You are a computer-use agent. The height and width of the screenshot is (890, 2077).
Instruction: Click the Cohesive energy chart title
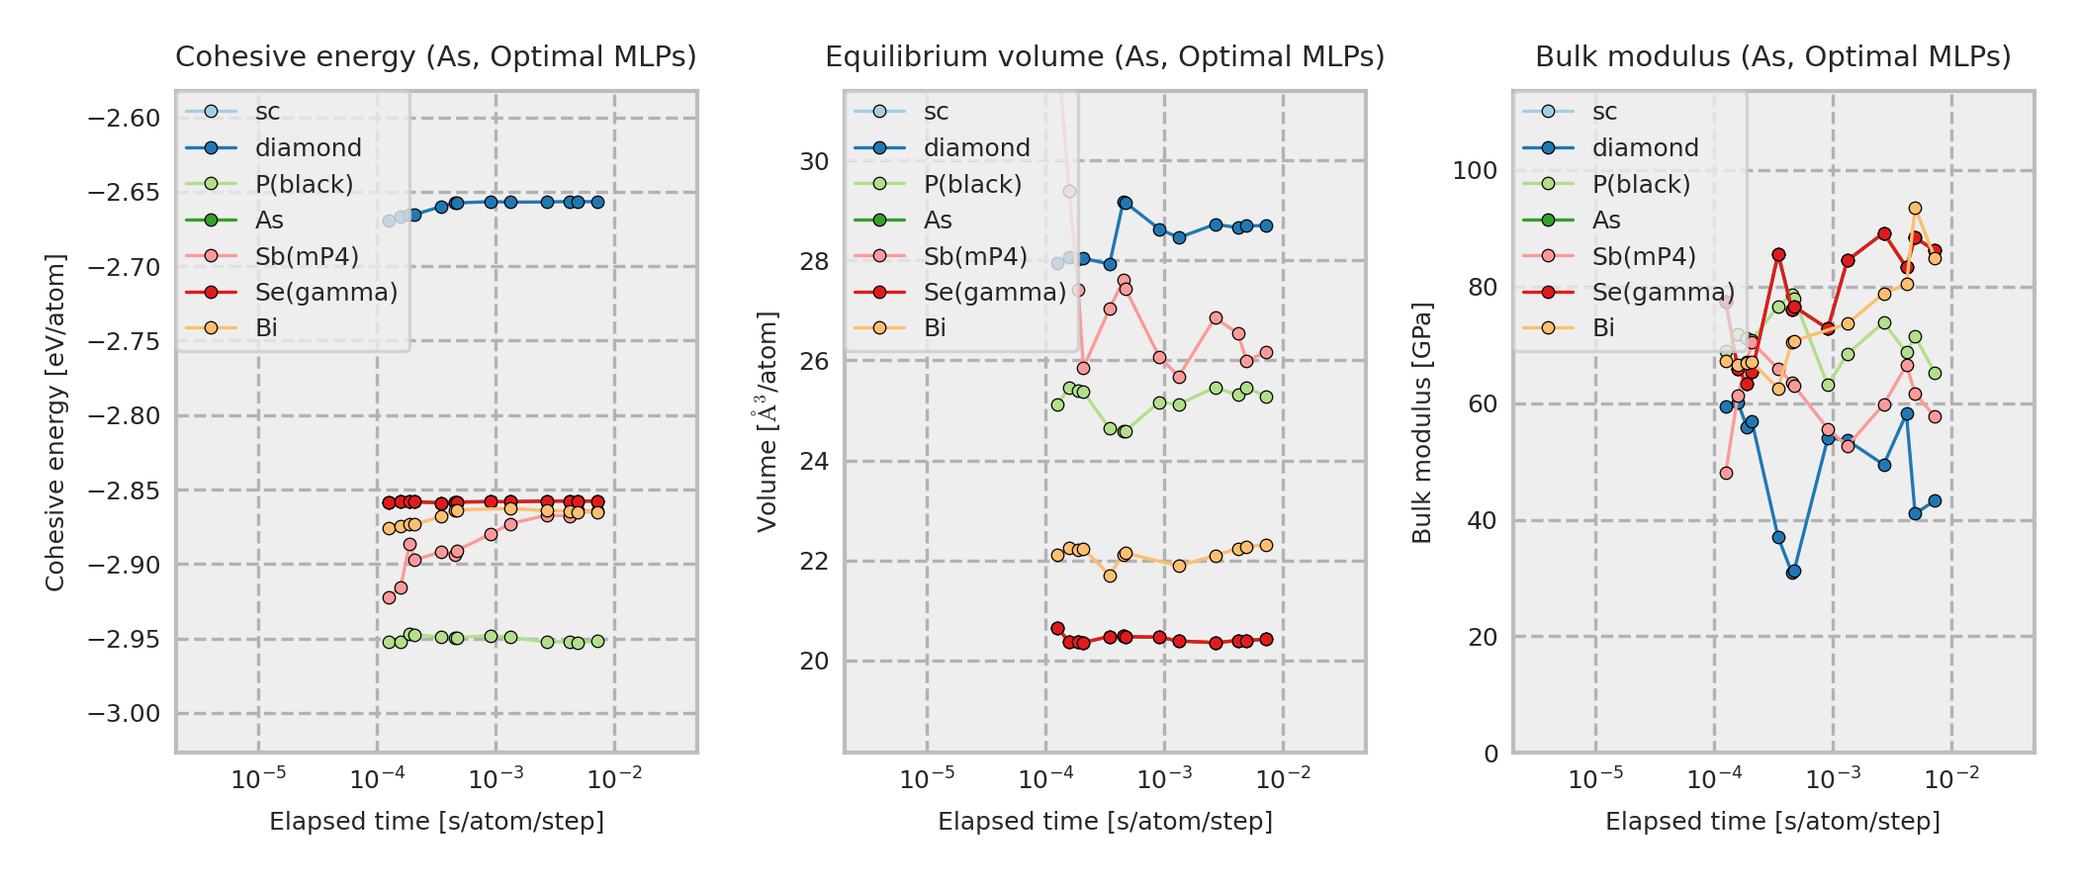(436, 57)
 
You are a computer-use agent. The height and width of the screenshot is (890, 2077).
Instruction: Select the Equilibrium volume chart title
(1105, 57)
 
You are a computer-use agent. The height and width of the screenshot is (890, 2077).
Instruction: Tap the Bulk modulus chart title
(1772, 57)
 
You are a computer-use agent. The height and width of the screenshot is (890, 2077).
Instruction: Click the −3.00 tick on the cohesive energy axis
(124, 714)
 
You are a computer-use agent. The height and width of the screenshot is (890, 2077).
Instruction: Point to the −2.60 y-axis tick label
(124, 119)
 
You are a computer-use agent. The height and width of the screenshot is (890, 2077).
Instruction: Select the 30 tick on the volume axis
(814, 161)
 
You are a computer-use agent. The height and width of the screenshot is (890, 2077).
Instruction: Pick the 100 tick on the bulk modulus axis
(1475, 170)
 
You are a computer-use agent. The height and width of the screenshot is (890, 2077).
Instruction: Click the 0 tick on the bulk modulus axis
(1490, 754)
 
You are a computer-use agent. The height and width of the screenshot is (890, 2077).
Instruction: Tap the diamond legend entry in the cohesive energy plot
(308, 148)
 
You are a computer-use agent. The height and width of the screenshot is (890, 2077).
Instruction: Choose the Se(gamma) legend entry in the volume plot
(994, 293)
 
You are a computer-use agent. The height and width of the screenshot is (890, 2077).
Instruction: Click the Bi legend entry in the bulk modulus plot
(1603, 328)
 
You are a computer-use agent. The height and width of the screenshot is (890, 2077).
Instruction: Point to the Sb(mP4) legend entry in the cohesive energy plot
(306, 257)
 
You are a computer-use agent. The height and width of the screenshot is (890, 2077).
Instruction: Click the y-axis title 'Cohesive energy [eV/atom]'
(55, 422)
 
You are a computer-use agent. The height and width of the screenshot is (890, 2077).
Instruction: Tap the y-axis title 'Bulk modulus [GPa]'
(1422, 422)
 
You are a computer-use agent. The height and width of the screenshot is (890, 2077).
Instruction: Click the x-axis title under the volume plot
(1105, 822)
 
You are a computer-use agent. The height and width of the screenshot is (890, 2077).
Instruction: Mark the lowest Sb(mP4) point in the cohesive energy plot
(389, 597)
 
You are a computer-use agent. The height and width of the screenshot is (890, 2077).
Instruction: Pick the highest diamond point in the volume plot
(1125, 203)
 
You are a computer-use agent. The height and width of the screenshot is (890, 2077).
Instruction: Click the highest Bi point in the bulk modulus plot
(1915, 209)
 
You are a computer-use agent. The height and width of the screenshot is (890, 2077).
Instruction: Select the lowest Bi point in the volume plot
(1110, 576)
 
